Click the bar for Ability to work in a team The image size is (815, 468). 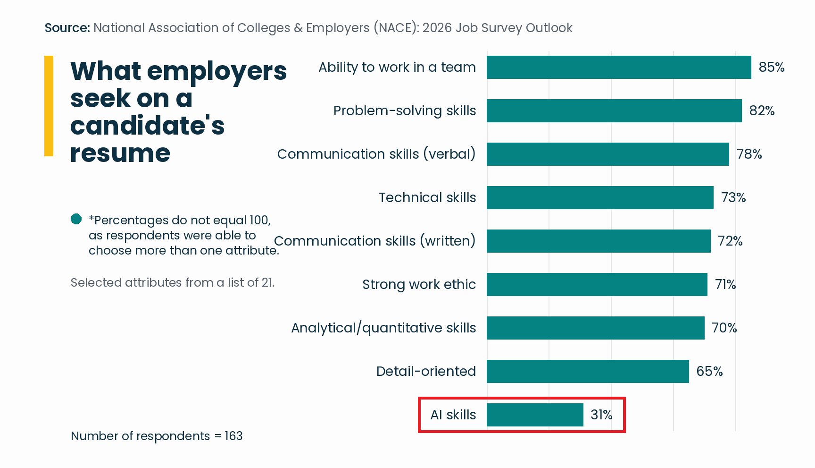(619, 67)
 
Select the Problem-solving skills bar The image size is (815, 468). (614, 111)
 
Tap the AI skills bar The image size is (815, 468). (535, 415)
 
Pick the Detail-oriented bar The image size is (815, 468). (588, 371)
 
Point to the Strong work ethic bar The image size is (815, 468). (597, 284)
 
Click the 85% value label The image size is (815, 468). (772, 67)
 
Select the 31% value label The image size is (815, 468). (601, 415)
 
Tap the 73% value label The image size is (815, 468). (733, 197)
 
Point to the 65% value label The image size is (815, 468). (709, 371)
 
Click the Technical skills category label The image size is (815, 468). (427, 197)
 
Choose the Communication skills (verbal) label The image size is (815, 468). (376, 154)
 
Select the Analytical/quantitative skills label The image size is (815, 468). (383, 328)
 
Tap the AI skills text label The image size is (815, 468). (453, 415)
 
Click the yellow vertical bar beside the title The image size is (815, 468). (49, 106)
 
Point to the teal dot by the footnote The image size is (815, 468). (76, 219)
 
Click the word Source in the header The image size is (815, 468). (67, 28)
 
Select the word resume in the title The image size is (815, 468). (120, 153)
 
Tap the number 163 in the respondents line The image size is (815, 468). (233, 436)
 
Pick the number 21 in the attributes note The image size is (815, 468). (267, 282)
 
